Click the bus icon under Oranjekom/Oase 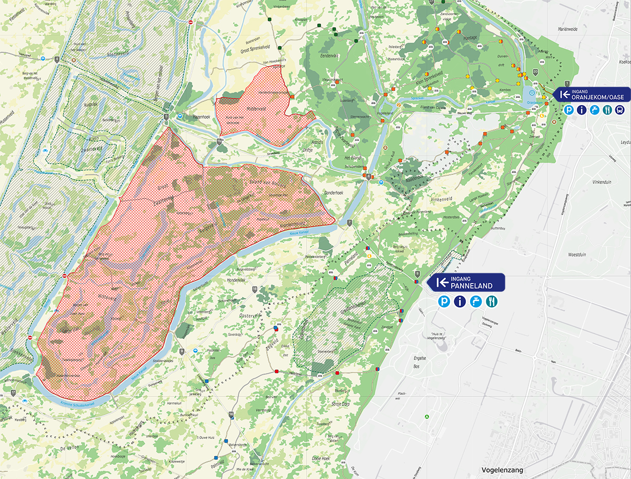[x=619, y=110]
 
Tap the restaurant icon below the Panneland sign [x=492, y=301]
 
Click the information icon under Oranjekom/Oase [x=582, y=110]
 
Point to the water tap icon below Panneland [x=476, y=301]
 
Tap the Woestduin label [x=577, y=255]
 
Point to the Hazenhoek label [x=201, y=117]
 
